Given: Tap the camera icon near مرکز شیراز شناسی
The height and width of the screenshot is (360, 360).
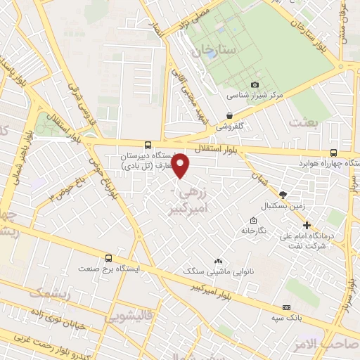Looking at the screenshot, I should coord(236,84).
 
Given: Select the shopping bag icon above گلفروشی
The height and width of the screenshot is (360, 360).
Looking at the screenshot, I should coord(229,116).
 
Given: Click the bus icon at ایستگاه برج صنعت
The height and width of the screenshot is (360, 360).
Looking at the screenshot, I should coord(108,258).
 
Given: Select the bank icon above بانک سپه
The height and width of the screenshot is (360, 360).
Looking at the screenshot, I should coord(286,307).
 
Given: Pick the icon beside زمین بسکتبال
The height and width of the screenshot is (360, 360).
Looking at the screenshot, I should coord(283,195).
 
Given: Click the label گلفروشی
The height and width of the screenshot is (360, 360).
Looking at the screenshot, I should coord(229,127).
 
